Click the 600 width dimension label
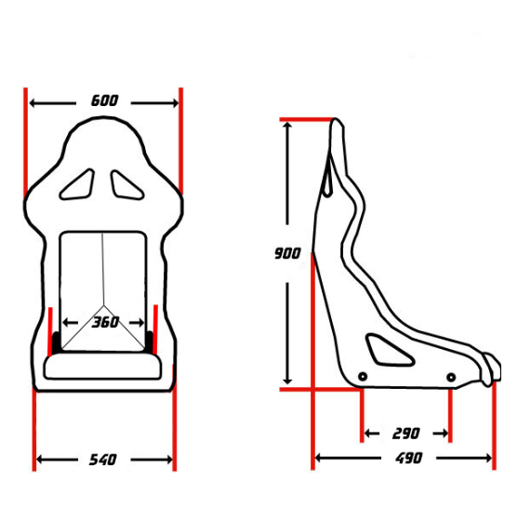105,100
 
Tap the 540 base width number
102,460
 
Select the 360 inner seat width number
105,323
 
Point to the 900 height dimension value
288,253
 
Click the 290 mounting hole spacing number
405,434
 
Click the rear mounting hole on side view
363,376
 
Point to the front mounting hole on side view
450,377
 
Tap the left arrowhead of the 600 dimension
34,101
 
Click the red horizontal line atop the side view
307,120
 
